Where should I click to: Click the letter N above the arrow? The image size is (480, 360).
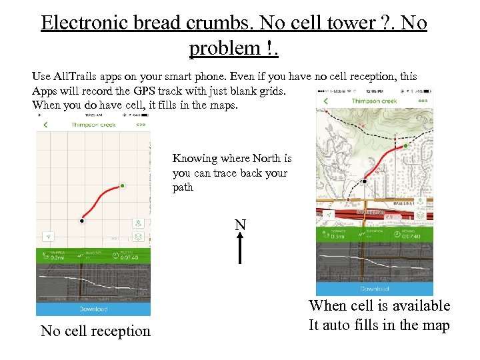pos(240,225)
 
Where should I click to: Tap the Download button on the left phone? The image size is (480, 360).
pos(93,309)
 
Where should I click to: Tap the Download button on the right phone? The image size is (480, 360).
pos(375,289)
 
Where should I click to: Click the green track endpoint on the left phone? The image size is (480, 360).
pos(122,186)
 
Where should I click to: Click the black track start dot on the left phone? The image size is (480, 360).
pos(82,220)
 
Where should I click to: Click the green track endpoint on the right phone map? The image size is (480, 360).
pos(405,145)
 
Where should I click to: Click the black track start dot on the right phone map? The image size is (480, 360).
pos(365,181)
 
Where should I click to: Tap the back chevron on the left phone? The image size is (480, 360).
pos(45,125)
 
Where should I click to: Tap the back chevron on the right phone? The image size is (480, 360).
pos(326,101)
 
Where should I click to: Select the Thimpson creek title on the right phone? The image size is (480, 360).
pos(374,101)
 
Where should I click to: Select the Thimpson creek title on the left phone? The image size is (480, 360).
pos(93,125)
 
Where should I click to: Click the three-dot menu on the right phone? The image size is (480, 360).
pos(423,101)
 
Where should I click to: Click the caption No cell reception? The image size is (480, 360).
pos(95,331)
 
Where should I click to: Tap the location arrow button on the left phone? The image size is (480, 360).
pos(49,237)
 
